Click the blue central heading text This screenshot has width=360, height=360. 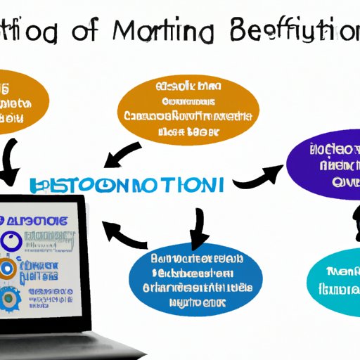(x=127, y=186)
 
